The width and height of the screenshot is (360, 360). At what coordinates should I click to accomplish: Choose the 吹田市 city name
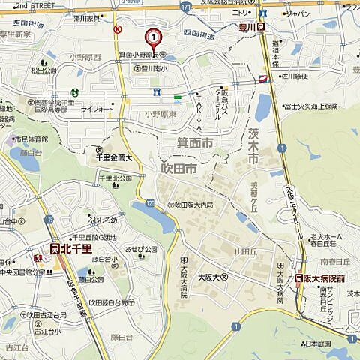pyautogui.click(x=179, y=171)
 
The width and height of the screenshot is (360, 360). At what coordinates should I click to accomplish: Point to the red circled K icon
pyautogui.click(x=117, y=29)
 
